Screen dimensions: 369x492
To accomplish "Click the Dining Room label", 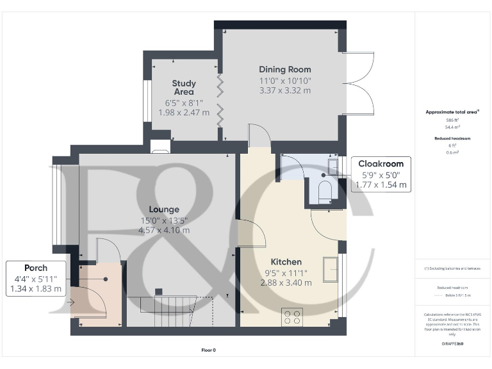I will [x=285, y=69].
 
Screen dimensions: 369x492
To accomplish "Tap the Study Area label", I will [x=184, y=88].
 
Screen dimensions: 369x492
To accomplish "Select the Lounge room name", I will [x=164, y=209].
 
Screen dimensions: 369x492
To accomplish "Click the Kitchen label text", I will [x=286, y=262].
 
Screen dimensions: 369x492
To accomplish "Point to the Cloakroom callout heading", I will [x=381, y=164].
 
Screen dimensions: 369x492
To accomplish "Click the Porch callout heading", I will [x=36, y=267].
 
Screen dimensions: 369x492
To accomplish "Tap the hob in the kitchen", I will [x=293, y=316].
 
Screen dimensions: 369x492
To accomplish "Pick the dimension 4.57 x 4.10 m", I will [x=164, y=231].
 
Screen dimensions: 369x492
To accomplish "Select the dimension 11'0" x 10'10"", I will [x=285, y=81].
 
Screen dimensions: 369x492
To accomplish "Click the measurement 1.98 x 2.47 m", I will [x=184, y=113].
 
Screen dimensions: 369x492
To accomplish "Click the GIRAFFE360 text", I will [x=452, y=344].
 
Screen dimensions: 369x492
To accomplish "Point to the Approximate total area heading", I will [x=452, y=112].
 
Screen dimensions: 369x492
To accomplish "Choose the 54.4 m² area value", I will [x=452, y=126].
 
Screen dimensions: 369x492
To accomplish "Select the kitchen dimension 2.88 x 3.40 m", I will [x=286, y=283].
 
